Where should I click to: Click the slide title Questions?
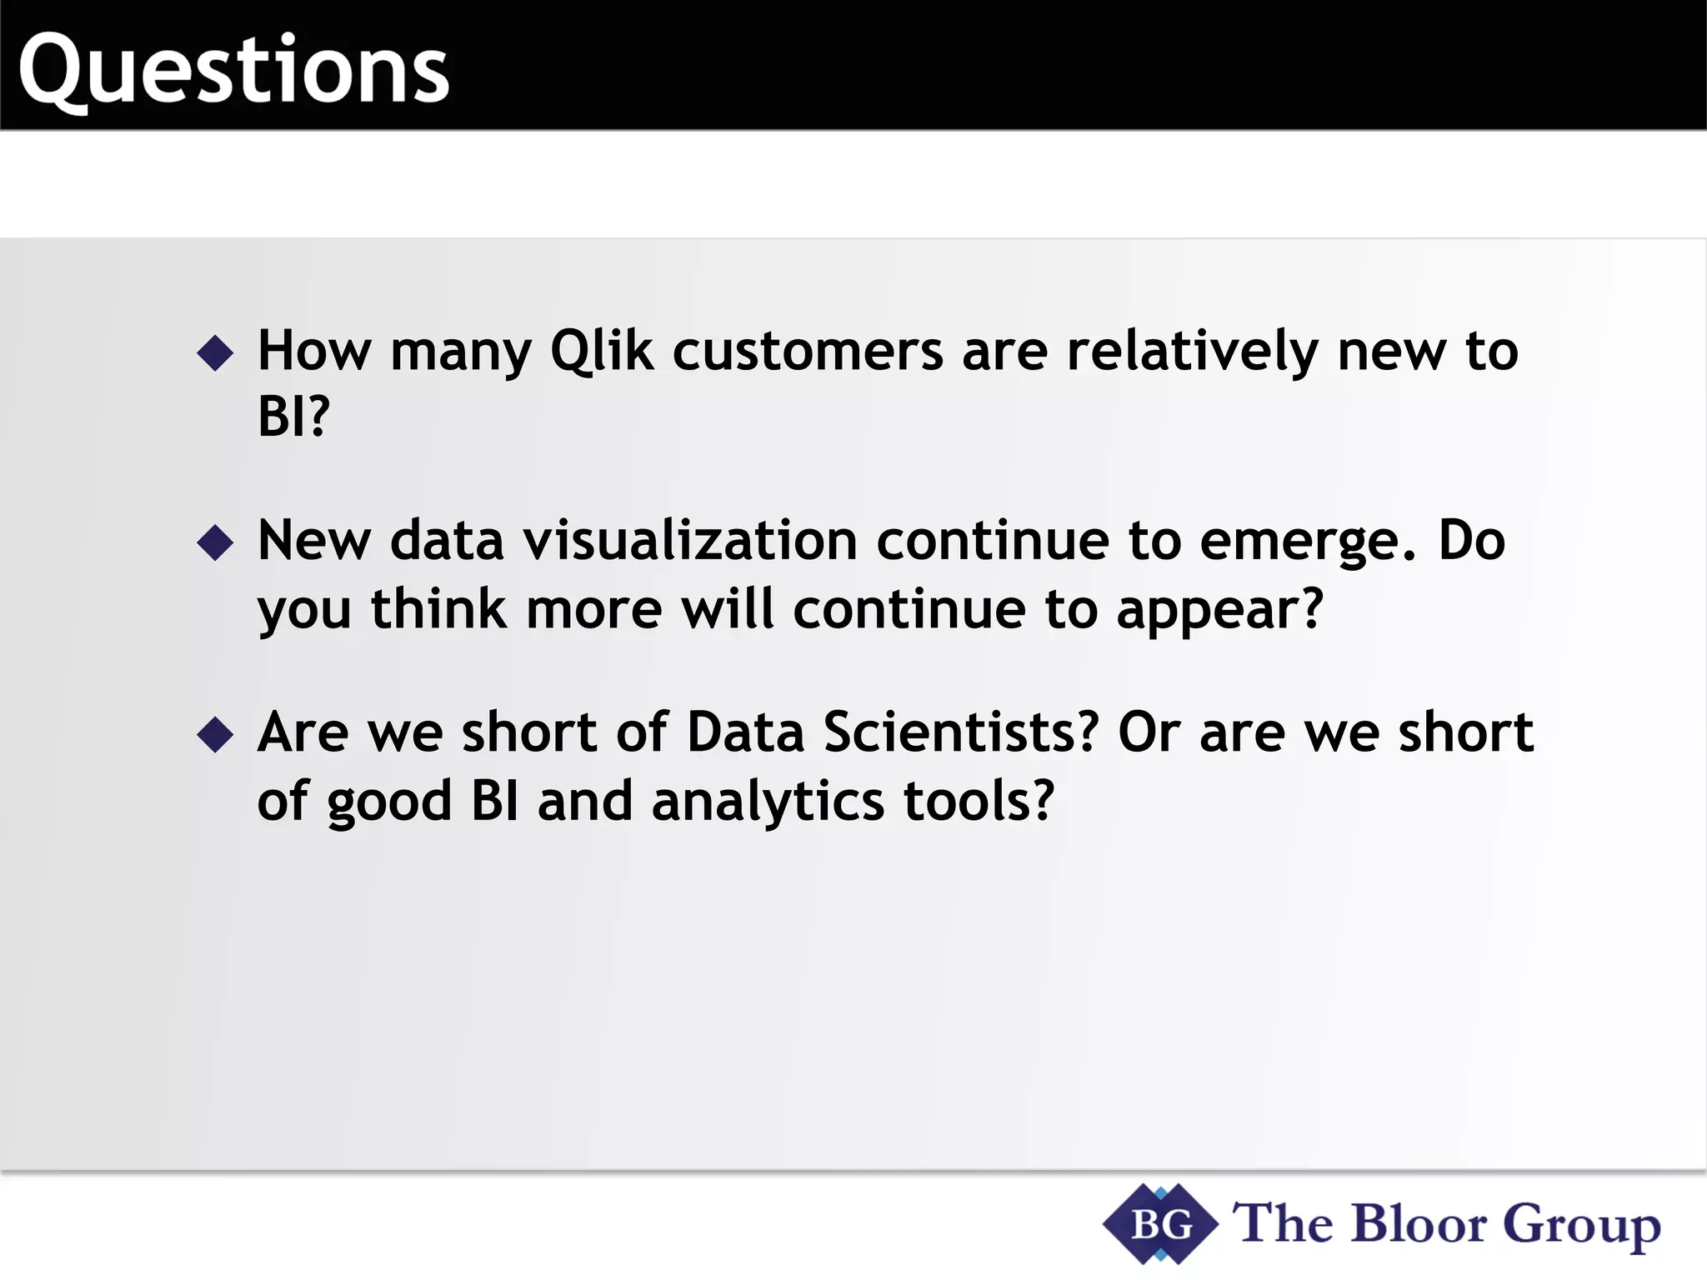[233, 70]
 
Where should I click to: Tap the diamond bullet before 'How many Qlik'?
[215, 352]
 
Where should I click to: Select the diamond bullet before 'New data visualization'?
[215, 542]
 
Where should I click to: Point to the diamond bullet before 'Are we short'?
[215, 734]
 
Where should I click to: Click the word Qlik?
[601, 351]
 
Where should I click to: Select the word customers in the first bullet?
[808, 351]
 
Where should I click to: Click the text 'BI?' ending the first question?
[293, 416]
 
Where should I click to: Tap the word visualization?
[690, 541]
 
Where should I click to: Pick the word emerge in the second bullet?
[1307, 542]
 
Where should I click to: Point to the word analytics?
[768, 802]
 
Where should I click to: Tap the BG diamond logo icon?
[1160, 1224]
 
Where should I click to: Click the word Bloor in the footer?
[1419, 1224]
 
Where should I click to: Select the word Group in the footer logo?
[1581, 1226]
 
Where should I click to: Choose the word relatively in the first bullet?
[1192, 351]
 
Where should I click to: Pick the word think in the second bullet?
[438, 609]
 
